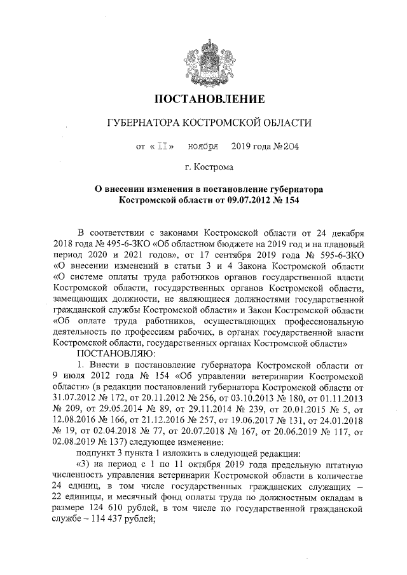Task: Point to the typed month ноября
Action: tap(203, 147)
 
